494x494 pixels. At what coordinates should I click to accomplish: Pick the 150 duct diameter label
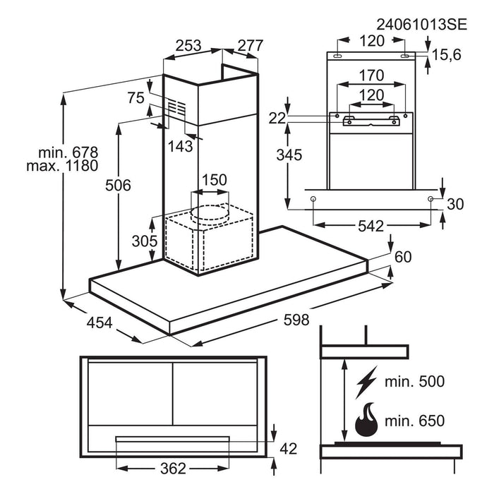[214, 179]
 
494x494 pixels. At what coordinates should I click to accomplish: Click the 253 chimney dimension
[188, 45]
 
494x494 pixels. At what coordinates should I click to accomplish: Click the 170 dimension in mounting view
[370, 75]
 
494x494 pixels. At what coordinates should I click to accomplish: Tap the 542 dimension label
[370, 227]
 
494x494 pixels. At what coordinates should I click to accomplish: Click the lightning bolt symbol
[366, 382]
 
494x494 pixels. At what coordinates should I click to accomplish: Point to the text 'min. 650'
[415, 421]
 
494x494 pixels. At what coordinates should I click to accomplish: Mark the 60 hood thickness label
[402, 257]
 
